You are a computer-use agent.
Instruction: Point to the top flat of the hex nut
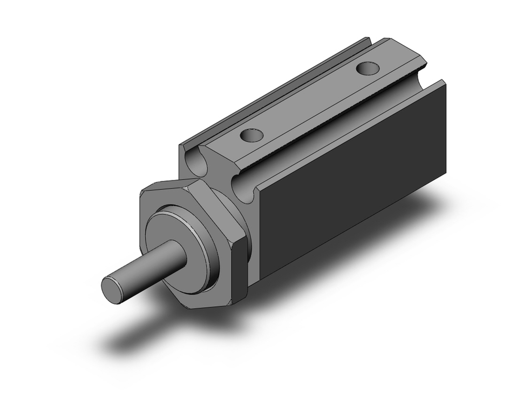click(x=171, y=185)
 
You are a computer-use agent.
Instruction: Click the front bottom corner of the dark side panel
click(x=261, y=280)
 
